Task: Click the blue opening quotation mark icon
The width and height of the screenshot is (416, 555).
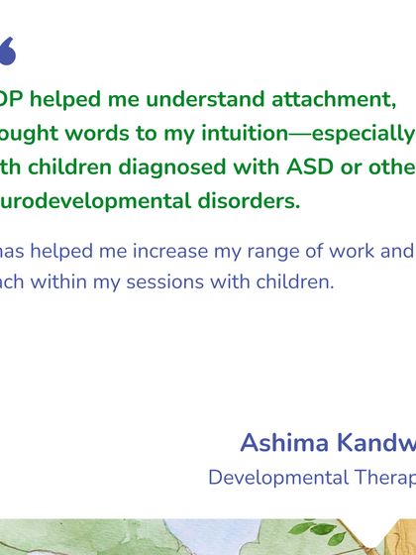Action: (7, 52)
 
